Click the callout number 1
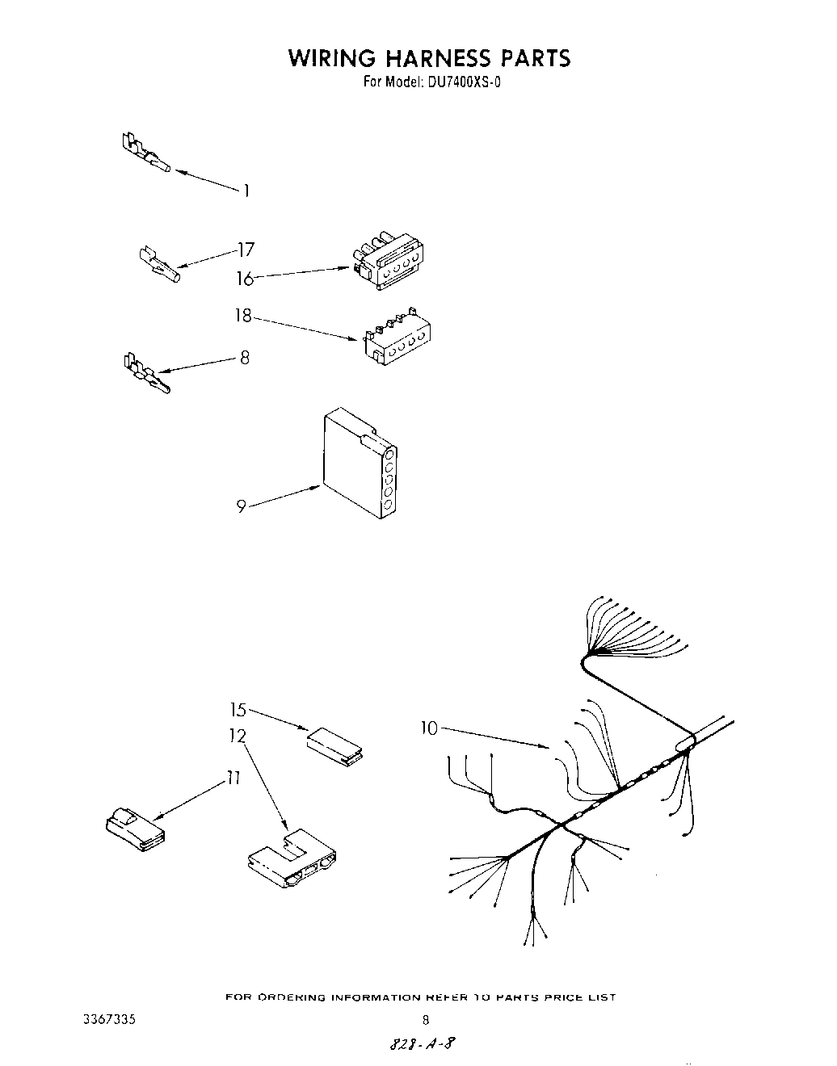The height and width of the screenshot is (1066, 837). click(246, 191)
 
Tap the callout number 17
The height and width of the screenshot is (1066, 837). click(246, 250)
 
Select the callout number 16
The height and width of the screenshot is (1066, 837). click(245, 279)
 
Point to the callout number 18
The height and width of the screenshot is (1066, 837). click(243, 316)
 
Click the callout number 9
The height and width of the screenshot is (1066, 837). click(242, 506)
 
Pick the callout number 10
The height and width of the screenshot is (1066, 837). click(428, 728)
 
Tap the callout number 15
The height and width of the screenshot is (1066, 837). click(238, 710)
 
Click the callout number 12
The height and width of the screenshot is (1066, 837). click(237, 736)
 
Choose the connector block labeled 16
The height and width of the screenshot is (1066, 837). click(388, 263)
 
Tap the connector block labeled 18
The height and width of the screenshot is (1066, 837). click(397, 334)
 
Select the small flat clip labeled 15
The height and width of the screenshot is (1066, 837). click(334, 745)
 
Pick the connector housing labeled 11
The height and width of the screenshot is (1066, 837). click(134, 829)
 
